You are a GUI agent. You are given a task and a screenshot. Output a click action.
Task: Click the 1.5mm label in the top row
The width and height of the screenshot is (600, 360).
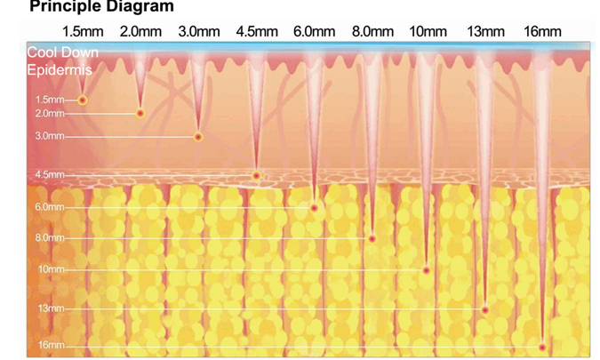[84, 32]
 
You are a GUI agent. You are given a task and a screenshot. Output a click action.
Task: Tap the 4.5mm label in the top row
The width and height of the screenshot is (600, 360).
[258, 32]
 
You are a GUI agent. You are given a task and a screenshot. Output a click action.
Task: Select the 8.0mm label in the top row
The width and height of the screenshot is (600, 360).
[372, 32]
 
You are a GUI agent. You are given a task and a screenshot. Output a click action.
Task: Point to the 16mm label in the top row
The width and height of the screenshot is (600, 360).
[542, 32]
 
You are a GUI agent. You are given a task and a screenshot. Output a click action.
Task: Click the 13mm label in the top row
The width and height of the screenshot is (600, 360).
[485, 32]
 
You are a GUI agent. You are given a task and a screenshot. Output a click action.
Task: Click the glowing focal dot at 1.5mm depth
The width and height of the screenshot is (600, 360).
[83, 100]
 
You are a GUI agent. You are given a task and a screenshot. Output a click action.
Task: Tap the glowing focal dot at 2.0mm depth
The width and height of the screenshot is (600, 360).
[140, 114]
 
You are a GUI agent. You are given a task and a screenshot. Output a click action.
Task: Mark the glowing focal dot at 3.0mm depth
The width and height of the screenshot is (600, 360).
[198, 137]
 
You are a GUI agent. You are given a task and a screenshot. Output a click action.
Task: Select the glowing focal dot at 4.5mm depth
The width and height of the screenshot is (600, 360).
[257, 175]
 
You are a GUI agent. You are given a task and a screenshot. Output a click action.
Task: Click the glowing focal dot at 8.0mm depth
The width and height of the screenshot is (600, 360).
[372, 238]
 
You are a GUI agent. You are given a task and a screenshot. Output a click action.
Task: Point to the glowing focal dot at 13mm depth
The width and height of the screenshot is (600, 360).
[485, 309]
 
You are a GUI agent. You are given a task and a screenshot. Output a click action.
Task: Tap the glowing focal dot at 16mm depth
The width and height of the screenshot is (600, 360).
[542, 346]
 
